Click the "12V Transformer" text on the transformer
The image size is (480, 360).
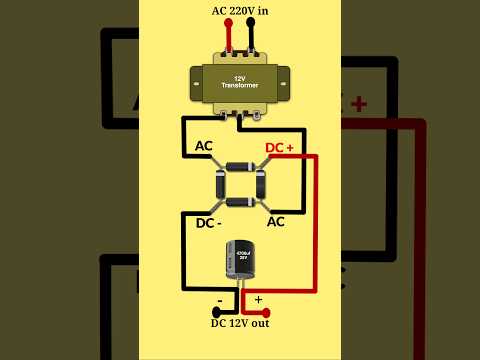(x=238, y=83)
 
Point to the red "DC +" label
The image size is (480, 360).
(x=279, y=148)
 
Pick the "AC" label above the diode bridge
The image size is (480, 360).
(x=204, y=147)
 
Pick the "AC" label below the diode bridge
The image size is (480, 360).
(x=276, y=221)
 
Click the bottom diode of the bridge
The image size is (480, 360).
(x=240, y=202)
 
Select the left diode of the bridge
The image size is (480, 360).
(x=221, y=185)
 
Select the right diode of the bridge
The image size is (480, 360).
(x=259, y=185)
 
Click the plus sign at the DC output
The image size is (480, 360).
(x=259, y=298)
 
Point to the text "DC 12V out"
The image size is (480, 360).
(x=239, y=322)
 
